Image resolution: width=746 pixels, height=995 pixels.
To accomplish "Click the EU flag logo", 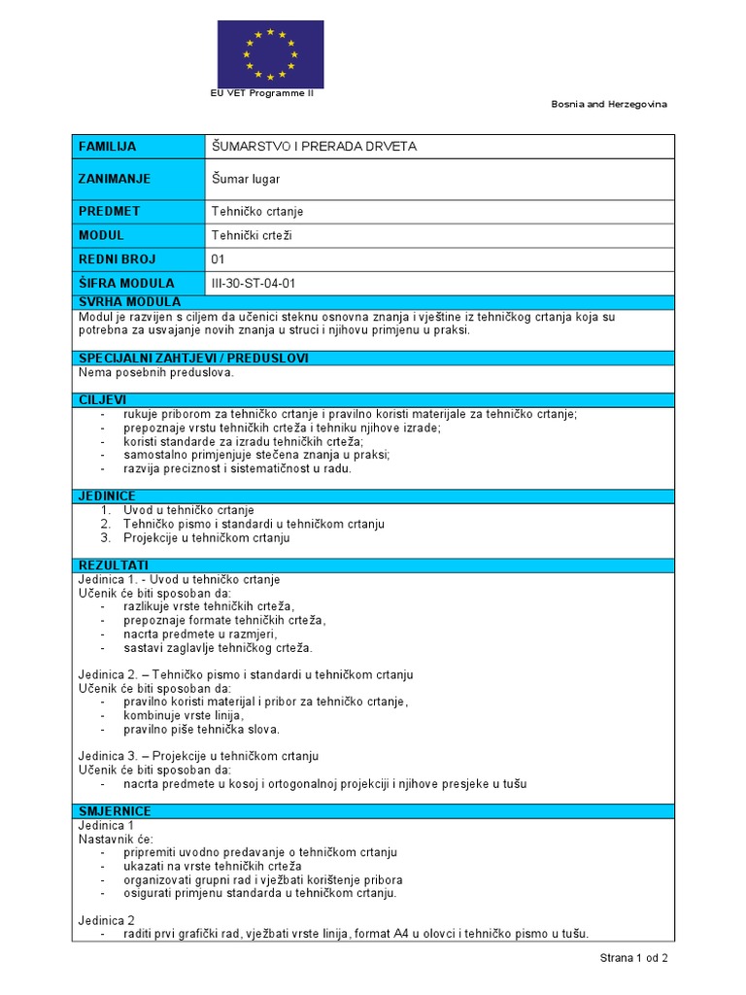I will (x=270, y=53).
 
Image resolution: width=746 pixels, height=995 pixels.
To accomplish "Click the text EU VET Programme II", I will (x=262, y=93).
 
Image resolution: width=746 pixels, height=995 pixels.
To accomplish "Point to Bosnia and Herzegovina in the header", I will (x=609, y=104).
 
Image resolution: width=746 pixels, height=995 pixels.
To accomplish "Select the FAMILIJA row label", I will (x=107, y=147).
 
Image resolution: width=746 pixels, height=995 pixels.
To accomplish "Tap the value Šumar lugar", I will (x=246, y=179).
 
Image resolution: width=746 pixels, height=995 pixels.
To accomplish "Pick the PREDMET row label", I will (x=109, y=211).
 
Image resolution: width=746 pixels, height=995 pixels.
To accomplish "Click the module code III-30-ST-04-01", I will (x=253, y=284).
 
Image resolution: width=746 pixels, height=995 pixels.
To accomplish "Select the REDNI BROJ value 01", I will (x=218, y=259).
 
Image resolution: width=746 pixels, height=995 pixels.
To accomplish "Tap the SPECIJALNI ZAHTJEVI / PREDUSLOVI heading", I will (x=193, y=358).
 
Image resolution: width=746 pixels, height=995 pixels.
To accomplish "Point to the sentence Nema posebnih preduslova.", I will (x=156, y=372).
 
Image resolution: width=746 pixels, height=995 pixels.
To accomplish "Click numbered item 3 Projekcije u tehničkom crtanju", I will (x=206, y=537).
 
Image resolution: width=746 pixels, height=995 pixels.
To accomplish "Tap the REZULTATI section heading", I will (x=113, y=565).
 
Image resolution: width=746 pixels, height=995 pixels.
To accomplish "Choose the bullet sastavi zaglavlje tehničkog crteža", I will (x=218, y=647).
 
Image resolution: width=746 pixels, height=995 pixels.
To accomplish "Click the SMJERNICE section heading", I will (x=115, y=810).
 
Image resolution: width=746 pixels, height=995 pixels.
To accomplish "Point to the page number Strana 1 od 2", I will (x=633, y=958).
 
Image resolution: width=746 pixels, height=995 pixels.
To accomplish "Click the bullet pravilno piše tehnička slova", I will (x=201, y=729).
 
